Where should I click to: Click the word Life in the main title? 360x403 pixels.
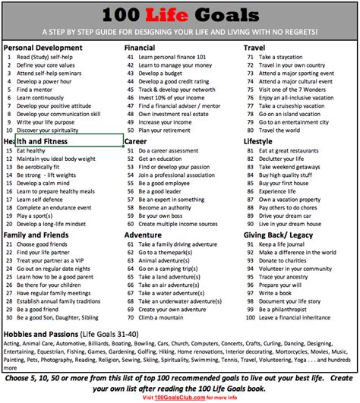[x=178, y=16]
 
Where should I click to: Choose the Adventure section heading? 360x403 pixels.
[x=143, y=235]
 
